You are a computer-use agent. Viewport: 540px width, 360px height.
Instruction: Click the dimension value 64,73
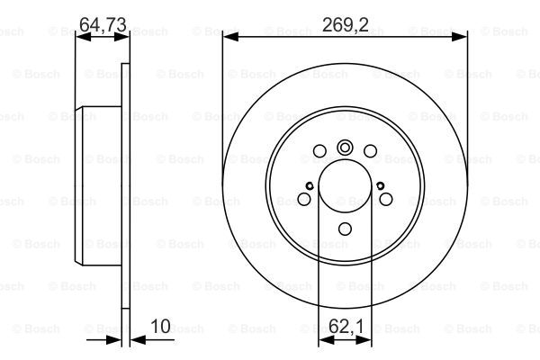click(103, 25)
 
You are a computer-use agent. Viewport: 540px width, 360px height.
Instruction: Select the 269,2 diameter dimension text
click(346, 25)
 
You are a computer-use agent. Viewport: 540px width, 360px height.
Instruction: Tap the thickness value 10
click(160, 326)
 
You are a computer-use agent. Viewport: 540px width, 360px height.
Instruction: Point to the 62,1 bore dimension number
click(346, 326)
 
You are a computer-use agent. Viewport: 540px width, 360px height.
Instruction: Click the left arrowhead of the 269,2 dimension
click(230, 37)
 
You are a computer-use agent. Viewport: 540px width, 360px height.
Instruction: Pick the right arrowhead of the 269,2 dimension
click(459, 37)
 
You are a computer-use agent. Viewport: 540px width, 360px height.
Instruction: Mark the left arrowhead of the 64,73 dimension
click(83, 37)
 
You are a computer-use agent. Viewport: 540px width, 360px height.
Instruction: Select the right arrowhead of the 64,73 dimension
click(121, 37)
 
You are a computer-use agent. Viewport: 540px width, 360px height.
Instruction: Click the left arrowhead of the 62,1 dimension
click(327, 340)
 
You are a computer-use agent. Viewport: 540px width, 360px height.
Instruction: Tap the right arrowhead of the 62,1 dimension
click(364, 340)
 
